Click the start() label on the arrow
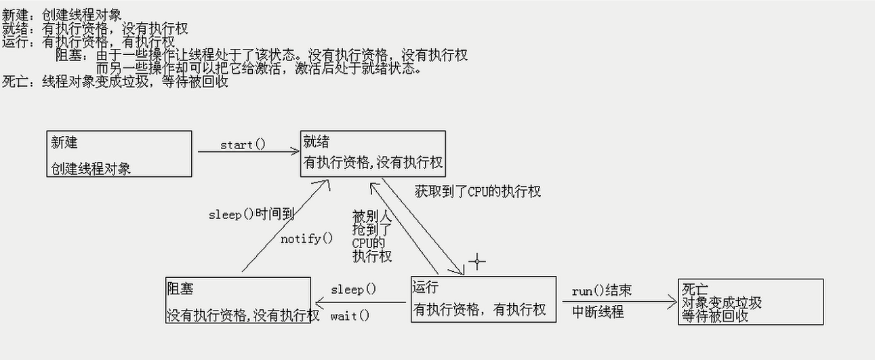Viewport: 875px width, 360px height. point(243,144)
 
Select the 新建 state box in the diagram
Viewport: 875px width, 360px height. point(119,154)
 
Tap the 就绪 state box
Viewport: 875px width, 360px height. point(373,154)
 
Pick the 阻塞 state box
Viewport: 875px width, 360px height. point(238,300)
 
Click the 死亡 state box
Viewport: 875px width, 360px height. point(750,302)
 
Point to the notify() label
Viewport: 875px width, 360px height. point(307,238)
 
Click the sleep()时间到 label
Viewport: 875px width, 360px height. point(251,214)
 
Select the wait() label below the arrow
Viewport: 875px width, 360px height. point(350,315)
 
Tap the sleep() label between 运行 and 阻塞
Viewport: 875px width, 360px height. point(352,289)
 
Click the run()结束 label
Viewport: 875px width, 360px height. point(602,290)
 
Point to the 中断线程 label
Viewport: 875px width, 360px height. point(598,313)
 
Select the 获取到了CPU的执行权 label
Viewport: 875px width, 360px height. point(478,192)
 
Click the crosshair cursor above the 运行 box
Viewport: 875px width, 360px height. point(477,261)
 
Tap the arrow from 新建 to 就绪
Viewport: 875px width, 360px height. point(248,152)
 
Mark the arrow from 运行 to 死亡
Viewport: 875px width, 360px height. point(617,301)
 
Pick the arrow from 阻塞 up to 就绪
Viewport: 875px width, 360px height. point(285,227)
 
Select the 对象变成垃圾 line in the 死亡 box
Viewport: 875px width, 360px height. point(722,302)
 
